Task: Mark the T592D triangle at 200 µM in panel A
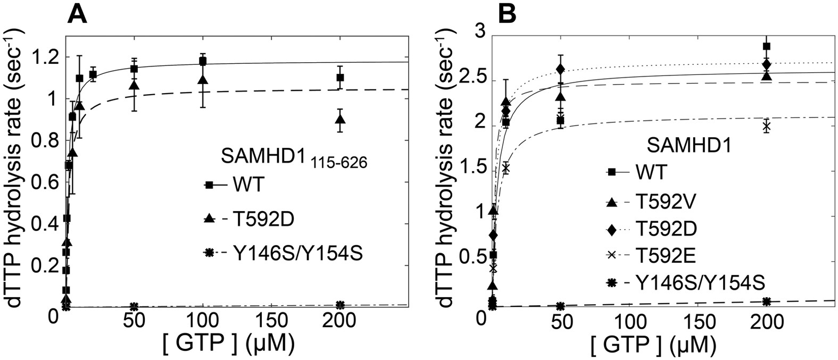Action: [x=340, y=119]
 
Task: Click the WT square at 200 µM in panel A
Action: [x=340, y=78]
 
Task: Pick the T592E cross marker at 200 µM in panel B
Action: [x=766, y=127]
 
